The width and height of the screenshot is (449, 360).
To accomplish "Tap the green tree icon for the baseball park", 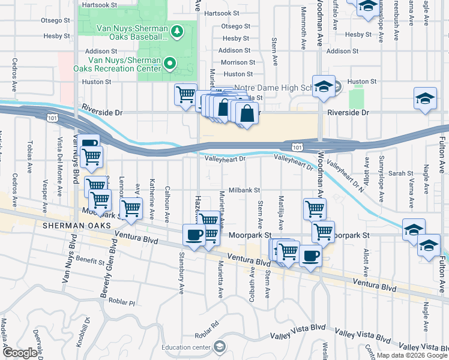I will (177, 30).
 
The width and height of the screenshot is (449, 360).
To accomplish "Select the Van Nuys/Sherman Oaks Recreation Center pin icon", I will (170, 62).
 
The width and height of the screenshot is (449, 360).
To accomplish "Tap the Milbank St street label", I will (243, 190).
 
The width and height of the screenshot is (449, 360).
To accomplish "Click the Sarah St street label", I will (397, 173).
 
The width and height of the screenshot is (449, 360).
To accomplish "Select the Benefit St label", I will (90, 260).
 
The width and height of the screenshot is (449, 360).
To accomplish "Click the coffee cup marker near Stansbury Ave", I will (193, 234).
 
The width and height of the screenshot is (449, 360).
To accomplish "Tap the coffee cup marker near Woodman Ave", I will (310, 256).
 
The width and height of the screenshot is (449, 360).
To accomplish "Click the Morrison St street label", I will (238, 62).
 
